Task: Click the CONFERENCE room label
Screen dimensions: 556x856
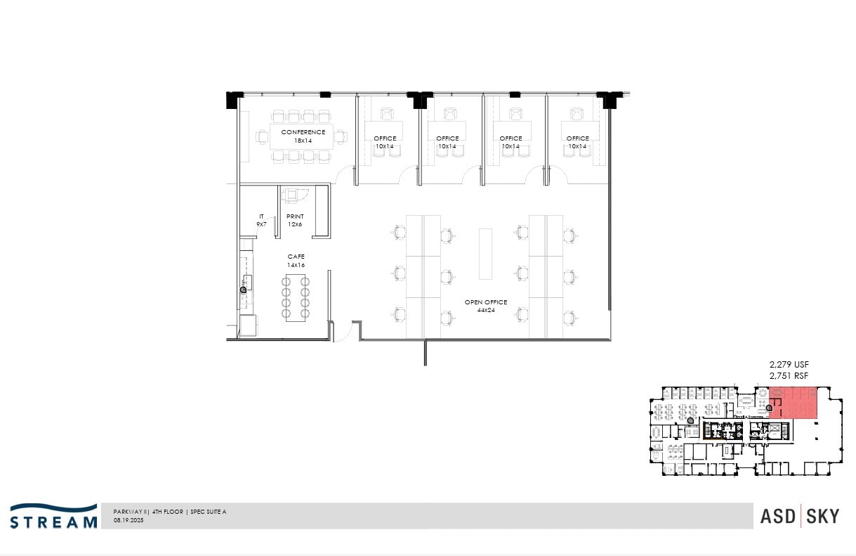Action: click(x=303, y=132)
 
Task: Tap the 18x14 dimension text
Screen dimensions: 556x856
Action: click(x=303, y=141)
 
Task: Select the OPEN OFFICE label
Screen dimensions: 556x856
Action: click(x=486, y=302)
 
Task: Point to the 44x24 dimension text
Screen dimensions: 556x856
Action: click(x=486, y=310)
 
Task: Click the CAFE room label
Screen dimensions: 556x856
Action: click(x=296, y=257)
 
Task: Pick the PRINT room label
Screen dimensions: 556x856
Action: click(x=295, y=216)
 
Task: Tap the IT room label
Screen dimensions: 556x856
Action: click(x=261, y=216)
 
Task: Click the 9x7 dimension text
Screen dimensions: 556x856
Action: click(x=261, y=224)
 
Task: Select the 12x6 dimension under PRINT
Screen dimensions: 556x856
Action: click(x=295, y=224)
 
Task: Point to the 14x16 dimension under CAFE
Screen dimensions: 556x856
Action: click(x=296, y=265)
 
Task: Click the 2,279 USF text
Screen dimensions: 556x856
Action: click(x=789, y=364)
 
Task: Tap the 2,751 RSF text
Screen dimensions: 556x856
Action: click(x=789, y=375)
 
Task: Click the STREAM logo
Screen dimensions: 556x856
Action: click(x=53, y=516)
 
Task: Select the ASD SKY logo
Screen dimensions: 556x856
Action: click(x=799, y=516)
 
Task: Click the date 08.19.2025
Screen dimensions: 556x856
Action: click(x=128, y=521)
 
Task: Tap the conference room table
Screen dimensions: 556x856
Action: click(x=303, y=136)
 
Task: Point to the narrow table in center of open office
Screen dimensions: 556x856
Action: click(x=486, y=253)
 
